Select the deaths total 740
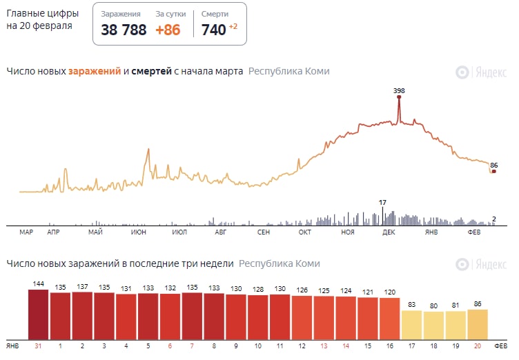pos(213,30)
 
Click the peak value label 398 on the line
pos(398,91)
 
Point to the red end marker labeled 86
pos(493,171)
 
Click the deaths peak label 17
pos(382,202)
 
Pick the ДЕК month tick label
pos(389,232)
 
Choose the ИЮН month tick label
pos(138,232)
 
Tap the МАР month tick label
pos(26,232)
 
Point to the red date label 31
pos(39,345)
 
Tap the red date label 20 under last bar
pos(478,345)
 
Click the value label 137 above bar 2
pos(83,286)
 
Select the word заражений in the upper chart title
pos(95,71)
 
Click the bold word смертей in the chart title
pos(151,71)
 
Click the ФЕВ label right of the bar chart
pos(501,345)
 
